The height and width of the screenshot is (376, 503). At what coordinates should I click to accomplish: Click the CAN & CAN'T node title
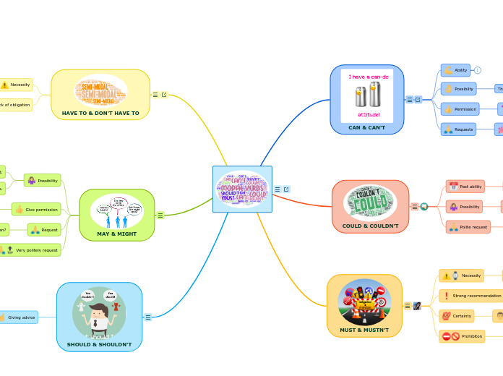366,127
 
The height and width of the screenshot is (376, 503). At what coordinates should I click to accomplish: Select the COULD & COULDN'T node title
370,226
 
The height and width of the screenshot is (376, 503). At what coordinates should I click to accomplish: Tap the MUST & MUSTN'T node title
364,330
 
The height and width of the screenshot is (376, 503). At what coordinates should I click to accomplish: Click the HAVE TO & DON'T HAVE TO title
100,113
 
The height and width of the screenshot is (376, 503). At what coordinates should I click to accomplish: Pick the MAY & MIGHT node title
116,234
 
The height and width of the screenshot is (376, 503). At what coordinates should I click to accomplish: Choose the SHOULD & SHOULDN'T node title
99,344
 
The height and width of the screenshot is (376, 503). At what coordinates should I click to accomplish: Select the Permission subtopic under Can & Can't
460,109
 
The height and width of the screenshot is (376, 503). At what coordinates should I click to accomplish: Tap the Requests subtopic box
459,129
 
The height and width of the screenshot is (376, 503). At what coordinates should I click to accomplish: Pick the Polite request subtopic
468,227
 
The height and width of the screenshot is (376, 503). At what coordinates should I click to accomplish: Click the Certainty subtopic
457,316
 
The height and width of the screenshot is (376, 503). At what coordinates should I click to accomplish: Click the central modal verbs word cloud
243,189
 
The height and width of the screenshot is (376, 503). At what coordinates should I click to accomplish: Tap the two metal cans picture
367,94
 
